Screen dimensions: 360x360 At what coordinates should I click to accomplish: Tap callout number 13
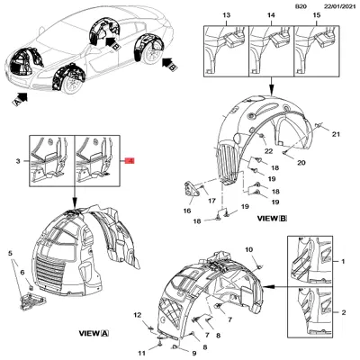click(227, 17)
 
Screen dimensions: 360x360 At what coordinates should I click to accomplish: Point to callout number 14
click(272, 17)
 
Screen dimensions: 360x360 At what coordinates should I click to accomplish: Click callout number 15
click(313, 17)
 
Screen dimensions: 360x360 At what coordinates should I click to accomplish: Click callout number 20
click(301, 162)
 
